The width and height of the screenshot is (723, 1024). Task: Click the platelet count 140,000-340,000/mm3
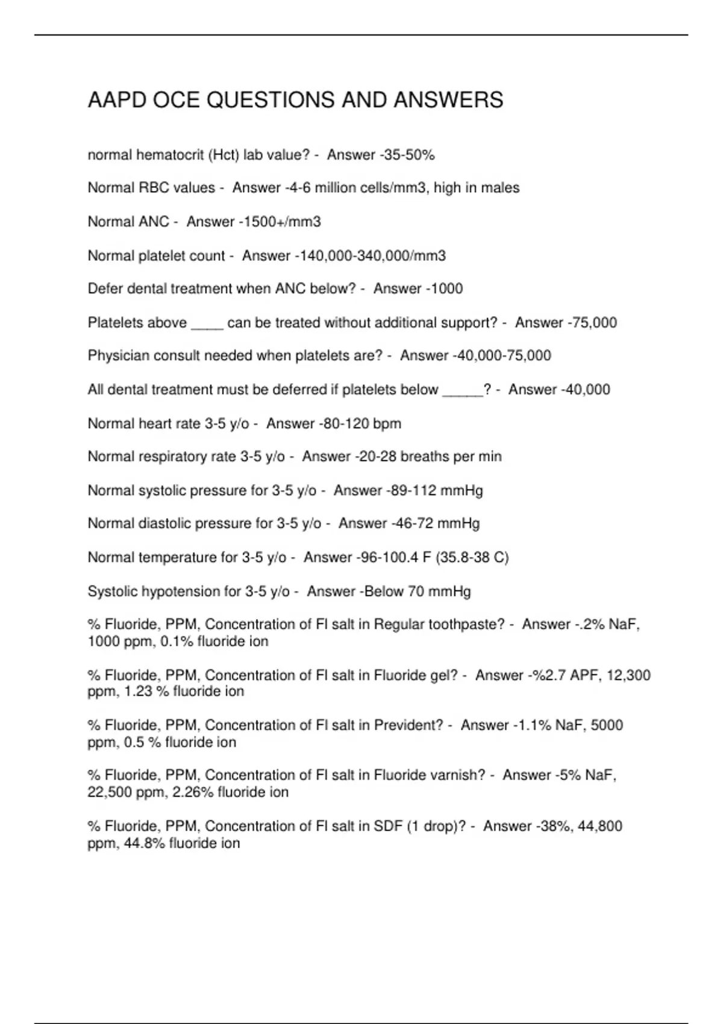[372, 256]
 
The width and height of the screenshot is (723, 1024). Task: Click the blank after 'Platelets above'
[207, 324]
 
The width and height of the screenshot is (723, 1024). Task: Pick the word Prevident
[408, 725]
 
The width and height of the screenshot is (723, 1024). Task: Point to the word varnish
[459, 775]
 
